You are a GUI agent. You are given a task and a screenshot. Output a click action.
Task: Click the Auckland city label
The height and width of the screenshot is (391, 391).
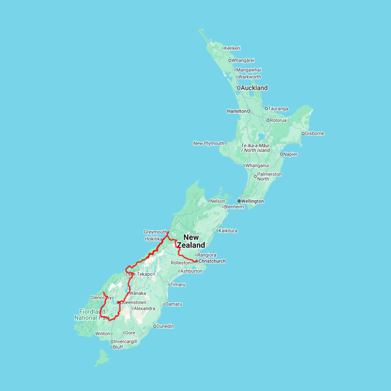point(254,88)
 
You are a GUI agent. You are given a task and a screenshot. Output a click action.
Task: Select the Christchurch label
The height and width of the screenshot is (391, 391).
point(212,261)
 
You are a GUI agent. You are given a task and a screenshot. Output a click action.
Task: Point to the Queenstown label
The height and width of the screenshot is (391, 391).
point(133,302)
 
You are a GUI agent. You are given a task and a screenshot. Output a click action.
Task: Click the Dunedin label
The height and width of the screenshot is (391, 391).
point(166,326)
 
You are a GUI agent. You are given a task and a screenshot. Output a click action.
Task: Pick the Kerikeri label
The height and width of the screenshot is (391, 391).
point(232,48)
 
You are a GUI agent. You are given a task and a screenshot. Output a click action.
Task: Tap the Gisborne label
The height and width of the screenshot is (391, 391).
point(315,133)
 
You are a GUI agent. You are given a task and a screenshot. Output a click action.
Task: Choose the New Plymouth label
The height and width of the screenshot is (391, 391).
point(209,143)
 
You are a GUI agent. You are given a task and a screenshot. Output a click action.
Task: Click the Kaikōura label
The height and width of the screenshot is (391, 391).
point(228,231)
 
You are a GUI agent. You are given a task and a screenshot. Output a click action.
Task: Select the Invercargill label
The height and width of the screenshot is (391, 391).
point(126,341)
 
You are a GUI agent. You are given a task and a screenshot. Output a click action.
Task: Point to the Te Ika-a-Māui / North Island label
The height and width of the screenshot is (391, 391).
point(255,148)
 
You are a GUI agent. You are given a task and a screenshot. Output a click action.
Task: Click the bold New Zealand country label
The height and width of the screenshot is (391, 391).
point(191,241)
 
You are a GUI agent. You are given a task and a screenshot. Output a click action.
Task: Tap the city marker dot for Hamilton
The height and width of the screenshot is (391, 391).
point(249,111)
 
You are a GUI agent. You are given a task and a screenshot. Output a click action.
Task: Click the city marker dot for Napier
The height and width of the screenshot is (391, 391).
point(282,154)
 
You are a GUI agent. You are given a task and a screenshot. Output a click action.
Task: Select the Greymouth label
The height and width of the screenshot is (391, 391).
point(155,232)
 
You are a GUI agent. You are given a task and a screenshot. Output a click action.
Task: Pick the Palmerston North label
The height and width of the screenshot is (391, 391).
point(269,176)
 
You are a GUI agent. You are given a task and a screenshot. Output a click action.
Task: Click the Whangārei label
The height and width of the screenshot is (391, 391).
point(243,60)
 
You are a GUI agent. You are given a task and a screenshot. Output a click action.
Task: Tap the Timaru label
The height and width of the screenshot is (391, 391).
point(178,285)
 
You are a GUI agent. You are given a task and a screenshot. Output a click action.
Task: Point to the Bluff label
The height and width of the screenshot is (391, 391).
point(118,347)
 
